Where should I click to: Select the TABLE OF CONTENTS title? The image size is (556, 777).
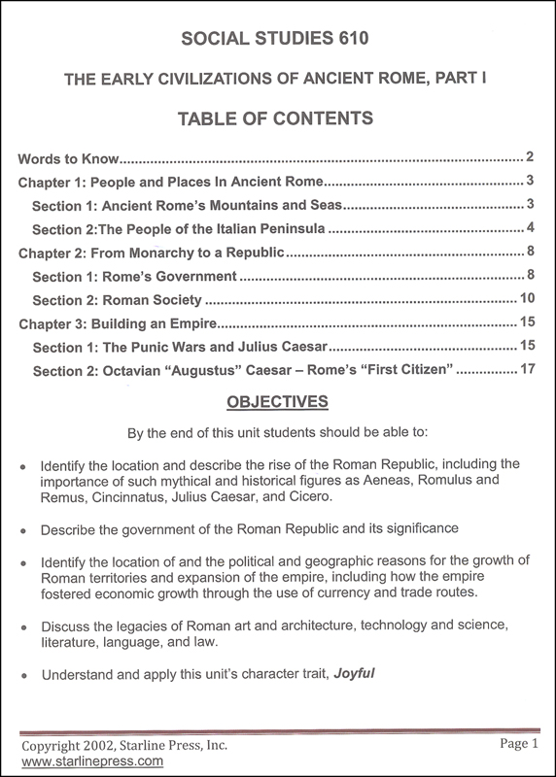point(277,120)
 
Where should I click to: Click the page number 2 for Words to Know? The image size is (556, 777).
point(531,156)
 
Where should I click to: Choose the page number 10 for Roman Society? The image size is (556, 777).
point(526,300)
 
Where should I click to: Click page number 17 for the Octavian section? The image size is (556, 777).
point(526,370)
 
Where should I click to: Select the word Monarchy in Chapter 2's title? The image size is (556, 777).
point(165,253)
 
